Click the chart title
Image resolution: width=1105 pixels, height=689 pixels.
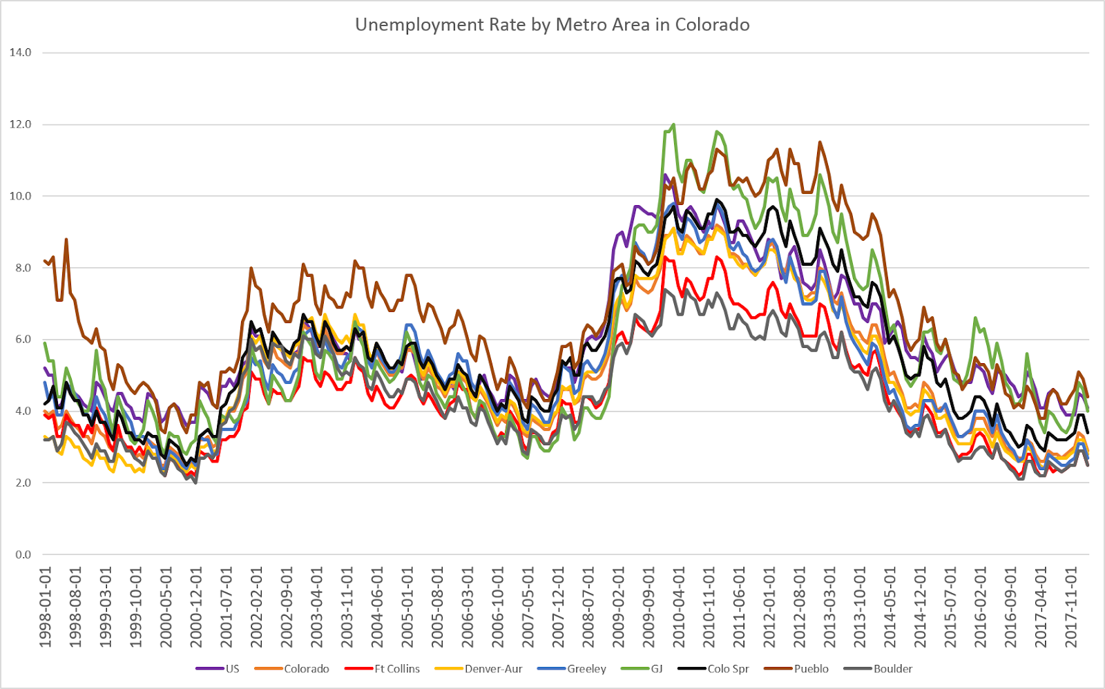point(552,25)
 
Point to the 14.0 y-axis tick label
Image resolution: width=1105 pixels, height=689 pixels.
point(20,52)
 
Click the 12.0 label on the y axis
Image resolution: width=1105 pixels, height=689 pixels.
point(20,124)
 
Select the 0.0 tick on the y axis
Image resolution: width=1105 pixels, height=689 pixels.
point(21,554)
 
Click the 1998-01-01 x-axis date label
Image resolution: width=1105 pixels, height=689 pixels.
point(46,608)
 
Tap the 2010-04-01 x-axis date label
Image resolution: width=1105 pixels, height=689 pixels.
point(680,608)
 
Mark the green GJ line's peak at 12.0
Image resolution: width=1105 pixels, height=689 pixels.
point(673,125)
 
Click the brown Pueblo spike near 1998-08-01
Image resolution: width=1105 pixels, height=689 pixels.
point(66,240)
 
